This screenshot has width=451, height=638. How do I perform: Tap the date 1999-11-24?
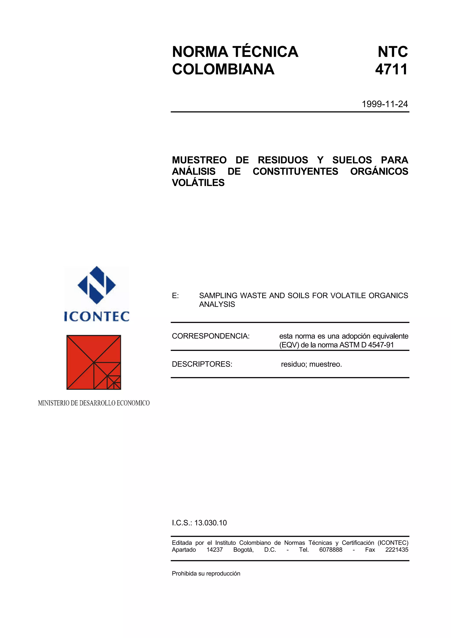tap(384, 104)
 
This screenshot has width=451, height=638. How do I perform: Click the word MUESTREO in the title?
tap(199, 160)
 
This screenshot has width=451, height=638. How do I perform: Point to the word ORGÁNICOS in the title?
tap(379, 171)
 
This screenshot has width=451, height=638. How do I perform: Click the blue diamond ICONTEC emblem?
tap(96, 285)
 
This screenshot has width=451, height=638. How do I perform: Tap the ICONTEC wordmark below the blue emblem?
tap(97, 317)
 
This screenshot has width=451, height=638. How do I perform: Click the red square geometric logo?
tap(94, 362)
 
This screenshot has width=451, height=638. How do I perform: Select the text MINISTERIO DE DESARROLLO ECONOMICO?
tap(94, 403)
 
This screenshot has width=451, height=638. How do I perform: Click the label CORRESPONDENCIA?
tap(211, 336)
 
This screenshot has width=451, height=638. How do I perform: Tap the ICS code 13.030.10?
tap(210, 523)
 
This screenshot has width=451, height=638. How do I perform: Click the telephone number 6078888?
tap(331, 550)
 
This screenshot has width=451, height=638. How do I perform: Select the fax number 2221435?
tap(397, 550)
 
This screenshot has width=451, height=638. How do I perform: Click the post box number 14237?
tap(214, 550)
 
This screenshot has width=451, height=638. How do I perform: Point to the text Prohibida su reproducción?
tap(206, 573)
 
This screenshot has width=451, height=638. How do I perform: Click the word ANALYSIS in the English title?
tap(217, 304)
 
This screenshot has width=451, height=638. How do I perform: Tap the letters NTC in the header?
tap(393, 52)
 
